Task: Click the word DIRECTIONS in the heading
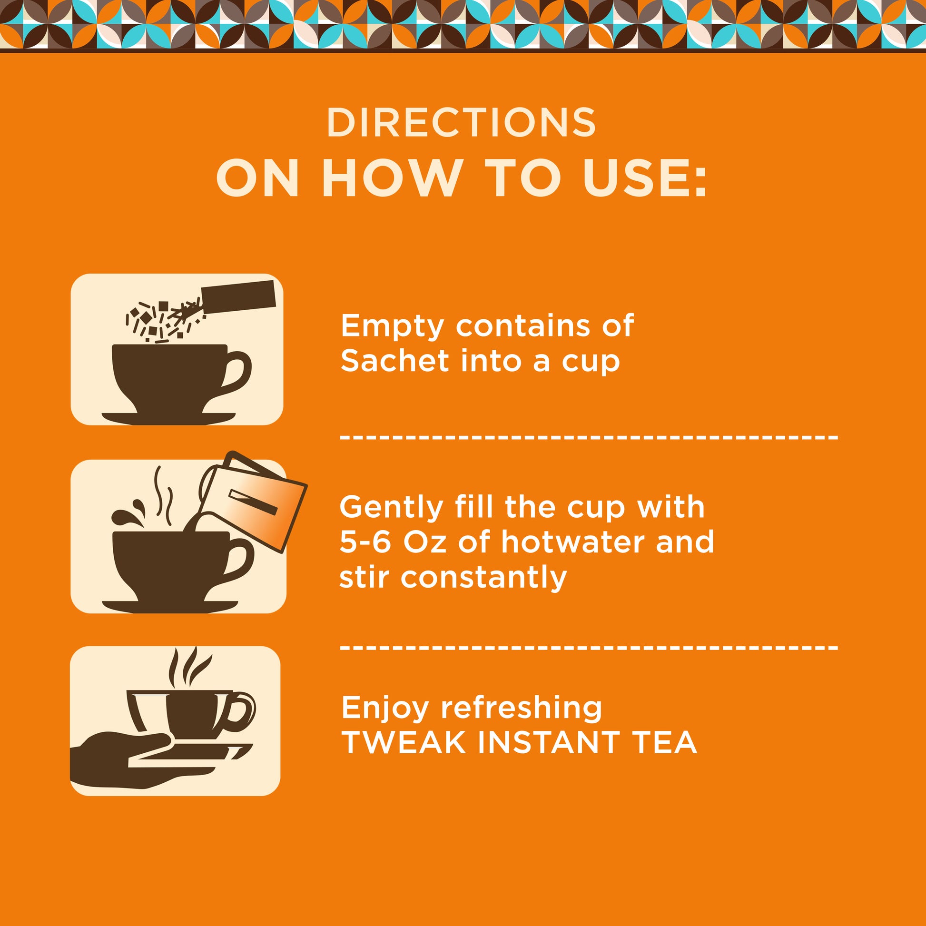click(x=461, y=123)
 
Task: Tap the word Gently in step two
click(x=392, y=508)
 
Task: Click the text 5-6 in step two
click(x=365, y=542)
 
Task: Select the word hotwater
click(x=572, y=542)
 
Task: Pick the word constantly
click(x=483, y=578)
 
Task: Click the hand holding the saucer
click(x=120, y=762)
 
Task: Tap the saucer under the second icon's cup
click(x=170, y=606)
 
